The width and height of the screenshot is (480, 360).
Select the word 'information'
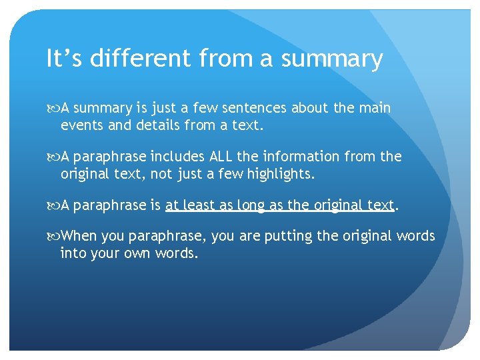pos(306,157)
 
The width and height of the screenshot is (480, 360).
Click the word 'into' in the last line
pos(73,253)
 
